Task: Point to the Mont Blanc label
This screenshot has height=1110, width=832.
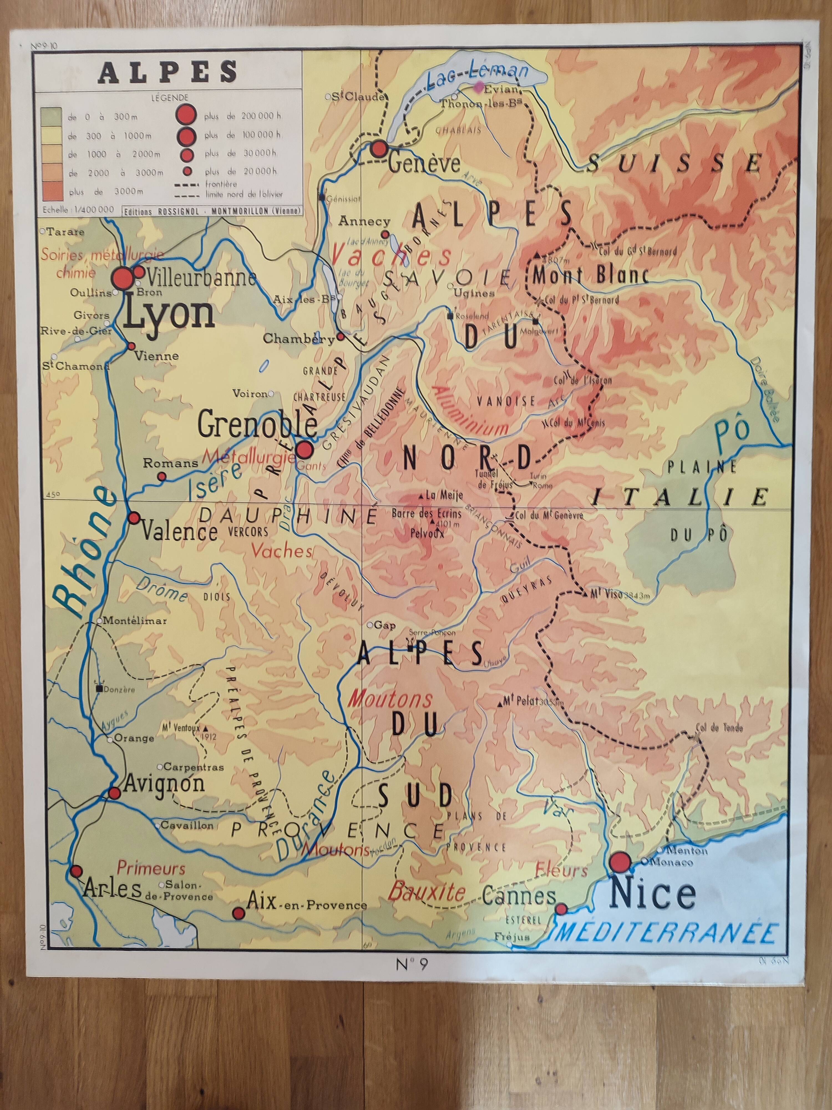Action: click(590, 276)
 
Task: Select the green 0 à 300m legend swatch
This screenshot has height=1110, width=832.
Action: click(52, 117)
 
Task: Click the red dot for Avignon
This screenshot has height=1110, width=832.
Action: click(114, 793)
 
